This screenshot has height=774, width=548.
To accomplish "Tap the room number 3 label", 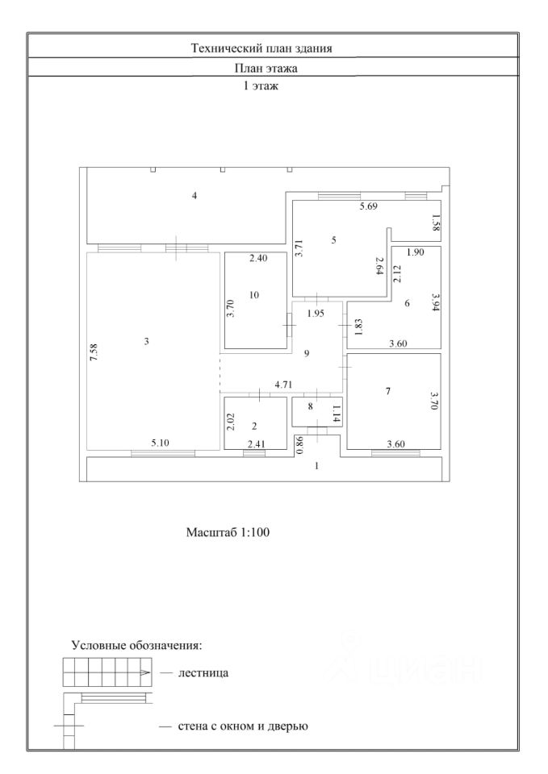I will (x=147, y=342).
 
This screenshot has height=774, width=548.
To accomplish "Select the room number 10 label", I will (x=254, y=295).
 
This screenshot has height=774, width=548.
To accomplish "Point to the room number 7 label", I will (x=388, y=391).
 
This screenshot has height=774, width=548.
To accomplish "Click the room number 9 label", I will (x=306, y=353).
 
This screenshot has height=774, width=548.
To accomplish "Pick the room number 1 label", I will (x=317, y=466).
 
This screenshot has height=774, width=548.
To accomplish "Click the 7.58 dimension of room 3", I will (x=94, y=352).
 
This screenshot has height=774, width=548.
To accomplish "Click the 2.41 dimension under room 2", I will (x=255, y=443).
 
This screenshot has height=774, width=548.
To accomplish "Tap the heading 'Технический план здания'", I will (x=273, y=48).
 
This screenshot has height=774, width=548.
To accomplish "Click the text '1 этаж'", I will (x=260, y=85).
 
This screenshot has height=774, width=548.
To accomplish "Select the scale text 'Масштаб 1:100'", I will (x=227, y=533).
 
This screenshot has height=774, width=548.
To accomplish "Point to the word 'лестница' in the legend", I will (x=203, y=672).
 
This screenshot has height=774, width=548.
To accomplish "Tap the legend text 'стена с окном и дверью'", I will (x=243, y=726).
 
